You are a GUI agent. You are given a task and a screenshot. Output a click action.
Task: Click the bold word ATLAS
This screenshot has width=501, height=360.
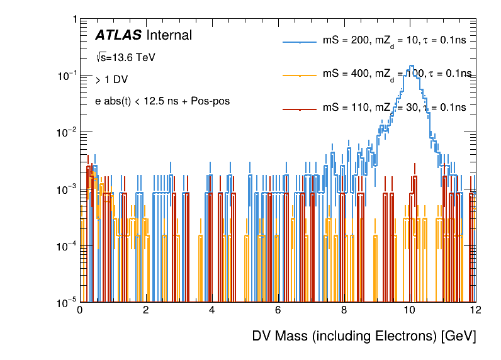tap(118, 35)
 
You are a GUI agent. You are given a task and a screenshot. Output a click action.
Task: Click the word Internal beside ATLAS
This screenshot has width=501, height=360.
tap(169, 35)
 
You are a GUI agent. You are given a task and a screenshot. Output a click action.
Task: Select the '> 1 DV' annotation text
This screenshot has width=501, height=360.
tap(109, 80)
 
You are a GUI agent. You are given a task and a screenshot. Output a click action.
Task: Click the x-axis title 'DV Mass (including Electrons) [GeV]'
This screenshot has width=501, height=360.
tap(364, 336)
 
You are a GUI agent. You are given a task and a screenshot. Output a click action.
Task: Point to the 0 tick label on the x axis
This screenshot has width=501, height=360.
tap(79, 310)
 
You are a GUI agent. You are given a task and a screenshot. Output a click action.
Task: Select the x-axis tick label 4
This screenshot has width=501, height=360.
tap(211, 310)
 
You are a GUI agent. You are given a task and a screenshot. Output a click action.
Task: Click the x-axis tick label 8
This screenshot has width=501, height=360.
tap(344, 310)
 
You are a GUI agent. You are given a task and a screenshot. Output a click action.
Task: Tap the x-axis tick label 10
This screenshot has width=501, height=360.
tap(410, 310)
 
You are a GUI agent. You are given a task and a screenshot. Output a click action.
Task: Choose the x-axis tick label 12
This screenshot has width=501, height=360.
tap(475, 310)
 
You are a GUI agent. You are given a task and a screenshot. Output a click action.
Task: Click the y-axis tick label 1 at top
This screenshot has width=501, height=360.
tap(74, 20)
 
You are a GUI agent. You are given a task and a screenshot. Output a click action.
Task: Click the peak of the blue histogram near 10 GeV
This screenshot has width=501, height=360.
tap(411, 65)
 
